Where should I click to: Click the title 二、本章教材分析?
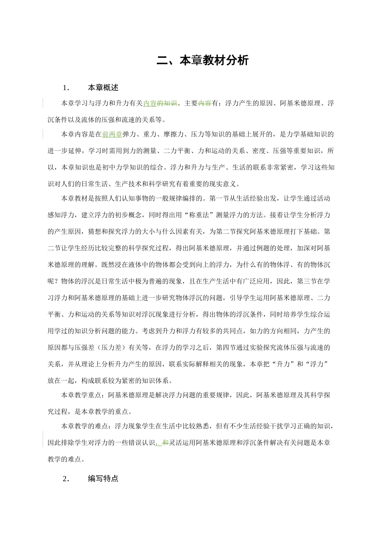(203, 61)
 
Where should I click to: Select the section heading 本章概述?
(103, 88)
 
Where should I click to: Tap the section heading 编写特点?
(103, 479)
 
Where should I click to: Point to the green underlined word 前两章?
(112, 135)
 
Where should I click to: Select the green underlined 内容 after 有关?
(150, 104)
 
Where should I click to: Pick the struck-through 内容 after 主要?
(204, 104)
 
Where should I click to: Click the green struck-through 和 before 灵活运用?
(164, 443)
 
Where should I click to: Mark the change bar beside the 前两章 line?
(43, 135)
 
